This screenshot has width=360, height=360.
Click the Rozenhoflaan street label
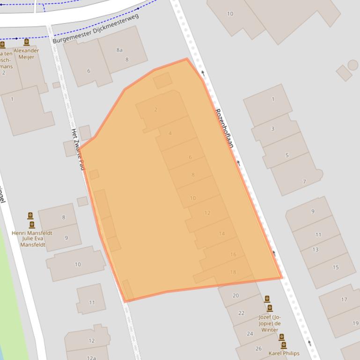click(224, 128)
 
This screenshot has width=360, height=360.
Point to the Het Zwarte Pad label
click(77, 149)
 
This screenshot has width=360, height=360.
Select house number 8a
click(119, 50)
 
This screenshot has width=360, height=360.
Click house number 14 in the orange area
click(221, 234)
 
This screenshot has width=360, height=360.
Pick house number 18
click(233, 272)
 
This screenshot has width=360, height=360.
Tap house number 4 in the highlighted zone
click(170, 133)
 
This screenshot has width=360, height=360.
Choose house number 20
click(235, 295)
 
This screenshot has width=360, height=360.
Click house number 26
click(258, 349)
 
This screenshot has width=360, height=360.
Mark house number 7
click(304, 181)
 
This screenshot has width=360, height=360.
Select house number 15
click(335, 267)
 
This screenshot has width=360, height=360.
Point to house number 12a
click(91, 358)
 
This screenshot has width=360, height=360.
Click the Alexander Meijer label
click(26, 54)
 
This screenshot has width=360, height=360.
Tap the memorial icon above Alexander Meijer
click(27, 43)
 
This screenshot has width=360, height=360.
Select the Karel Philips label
click(284, 353)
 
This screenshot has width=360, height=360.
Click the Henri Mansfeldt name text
click(32, 233)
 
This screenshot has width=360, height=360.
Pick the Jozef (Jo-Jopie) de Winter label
click(270, 323)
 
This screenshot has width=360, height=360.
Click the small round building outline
click(353, 65)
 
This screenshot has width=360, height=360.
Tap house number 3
click(273, 129)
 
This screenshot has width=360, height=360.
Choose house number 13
click(316, 250)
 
